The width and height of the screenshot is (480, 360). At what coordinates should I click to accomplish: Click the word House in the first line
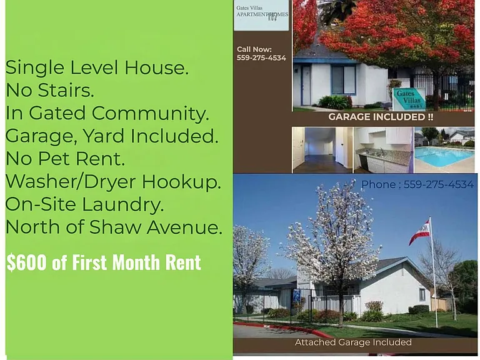(156, 67)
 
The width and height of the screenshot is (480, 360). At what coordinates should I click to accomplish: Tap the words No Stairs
(50, 90)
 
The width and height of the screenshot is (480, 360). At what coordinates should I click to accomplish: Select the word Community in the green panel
(150, 114)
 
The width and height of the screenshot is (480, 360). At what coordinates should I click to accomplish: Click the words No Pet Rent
(66, 159)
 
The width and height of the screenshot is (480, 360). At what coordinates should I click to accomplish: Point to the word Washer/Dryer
(71, 182)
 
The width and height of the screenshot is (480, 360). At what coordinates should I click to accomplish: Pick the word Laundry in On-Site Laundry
(120, 205)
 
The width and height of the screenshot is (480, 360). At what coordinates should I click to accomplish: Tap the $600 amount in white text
(27, 262)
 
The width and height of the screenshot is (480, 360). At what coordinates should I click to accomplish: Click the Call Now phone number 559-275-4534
(261, 58)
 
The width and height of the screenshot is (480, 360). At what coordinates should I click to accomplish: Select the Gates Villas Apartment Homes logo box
(261, 15)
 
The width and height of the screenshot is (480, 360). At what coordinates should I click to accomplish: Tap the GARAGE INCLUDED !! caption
(381, 117)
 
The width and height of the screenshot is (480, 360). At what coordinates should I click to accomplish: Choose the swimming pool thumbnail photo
(444, 150)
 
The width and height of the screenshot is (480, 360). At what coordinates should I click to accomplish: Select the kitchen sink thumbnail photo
(383, 150)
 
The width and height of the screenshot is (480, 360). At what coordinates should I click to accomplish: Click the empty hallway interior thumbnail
(322, 150)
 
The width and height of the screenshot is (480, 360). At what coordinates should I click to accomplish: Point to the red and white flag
(420, 232)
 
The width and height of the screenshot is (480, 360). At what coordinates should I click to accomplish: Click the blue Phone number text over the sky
(417, 184)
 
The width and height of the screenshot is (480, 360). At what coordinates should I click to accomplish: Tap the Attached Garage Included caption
(353, 342)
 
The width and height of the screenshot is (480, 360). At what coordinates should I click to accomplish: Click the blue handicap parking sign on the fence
(296, 296)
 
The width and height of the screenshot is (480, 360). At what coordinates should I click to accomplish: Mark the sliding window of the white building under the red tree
(344, 79)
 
